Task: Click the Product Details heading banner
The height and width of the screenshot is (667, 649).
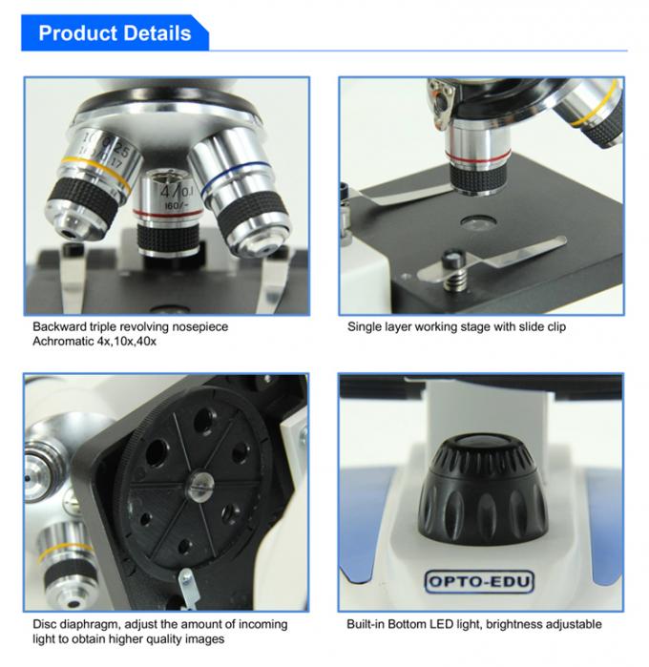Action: pyautogui.click(x=115, y=33)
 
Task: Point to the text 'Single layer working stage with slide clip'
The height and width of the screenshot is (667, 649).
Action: pyautogui.click(x=455, y=326)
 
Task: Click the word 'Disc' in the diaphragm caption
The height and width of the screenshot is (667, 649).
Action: pyautogui.click(x=45, y=624)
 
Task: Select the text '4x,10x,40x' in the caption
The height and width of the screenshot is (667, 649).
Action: pyautogui.click(x=128, y=341)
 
